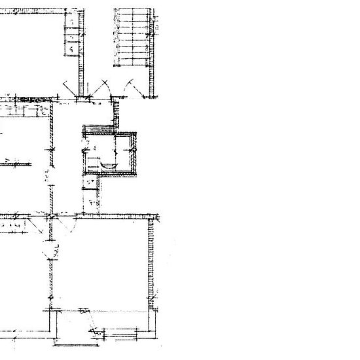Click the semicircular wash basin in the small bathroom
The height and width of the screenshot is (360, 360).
point(109,165)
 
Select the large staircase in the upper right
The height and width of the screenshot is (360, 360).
point(132,37)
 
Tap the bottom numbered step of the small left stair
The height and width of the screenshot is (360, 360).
point(71,50)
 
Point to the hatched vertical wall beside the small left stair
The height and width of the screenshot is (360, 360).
point(82,49)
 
